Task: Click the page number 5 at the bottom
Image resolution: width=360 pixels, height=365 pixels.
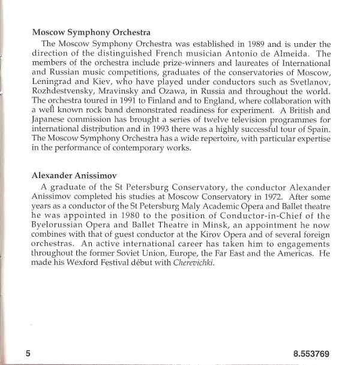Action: coord(28,353)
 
